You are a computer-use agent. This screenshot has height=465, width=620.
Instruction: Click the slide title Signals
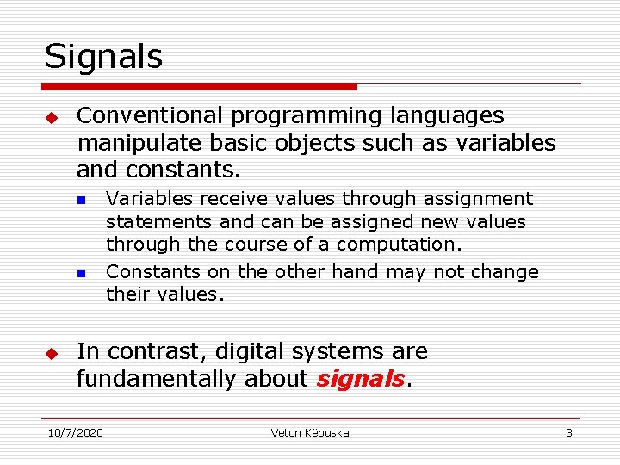tap(103, 57)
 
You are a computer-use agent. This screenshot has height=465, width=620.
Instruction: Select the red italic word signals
tap(359, 379)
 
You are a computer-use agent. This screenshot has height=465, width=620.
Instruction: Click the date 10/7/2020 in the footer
tap(75, 432)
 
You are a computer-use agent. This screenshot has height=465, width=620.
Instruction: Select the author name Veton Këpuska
tap(310, 432)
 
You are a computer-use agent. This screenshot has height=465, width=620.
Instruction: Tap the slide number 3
tap(568, 432)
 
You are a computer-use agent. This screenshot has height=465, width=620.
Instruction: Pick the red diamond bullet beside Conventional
tap(51, 116)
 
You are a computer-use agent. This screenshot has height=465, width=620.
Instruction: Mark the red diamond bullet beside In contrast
tap(51, 353)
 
